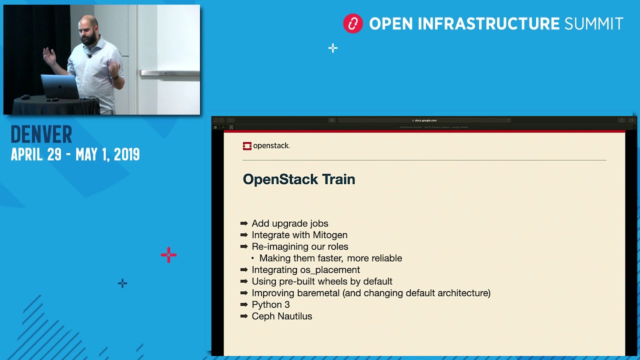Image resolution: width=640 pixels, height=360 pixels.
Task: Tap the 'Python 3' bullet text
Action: (270, 304)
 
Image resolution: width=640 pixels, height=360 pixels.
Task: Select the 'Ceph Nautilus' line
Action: (281, 316)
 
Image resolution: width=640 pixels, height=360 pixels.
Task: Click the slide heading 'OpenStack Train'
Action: (298, 179)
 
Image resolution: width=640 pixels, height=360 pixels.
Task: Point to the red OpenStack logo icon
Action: (247, 146)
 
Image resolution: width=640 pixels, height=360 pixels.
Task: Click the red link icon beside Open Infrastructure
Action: (352, 24)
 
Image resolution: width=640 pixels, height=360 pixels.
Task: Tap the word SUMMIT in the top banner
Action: (593, 24)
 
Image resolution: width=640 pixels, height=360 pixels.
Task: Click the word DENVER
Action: (41, 134)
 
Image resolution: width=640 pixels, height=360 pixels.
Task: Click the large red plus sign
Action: (168, 255)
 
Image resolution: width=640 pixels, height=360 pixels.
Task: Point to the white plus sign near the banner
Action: (333, 48)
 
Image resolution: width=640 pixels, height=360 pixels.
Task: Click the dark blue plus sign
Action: (122, 283)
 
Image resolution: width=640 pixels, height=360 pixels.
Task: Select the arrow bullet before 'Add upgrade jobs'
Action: (244, 223)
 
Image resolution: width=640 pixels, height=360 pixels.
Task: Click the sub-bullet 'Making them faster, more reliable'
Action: (330, 258)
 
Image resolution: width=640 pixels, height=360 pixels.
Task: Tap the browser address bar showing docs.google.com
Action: (425, 120)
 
